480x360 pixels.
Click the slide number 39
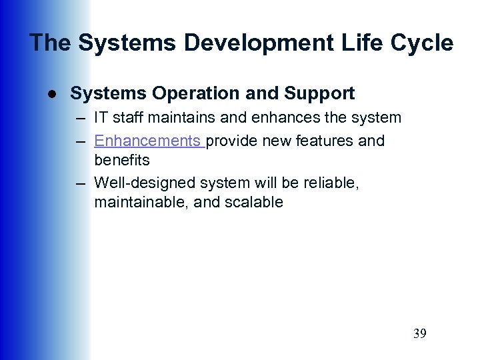point(419,333)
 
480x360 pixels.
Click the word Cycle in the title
point(423,43)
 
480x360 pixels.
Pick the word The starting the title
point(51,43)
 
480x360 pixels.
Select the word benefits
point(122,161)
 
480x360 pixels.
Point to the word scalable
point(257,202)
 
